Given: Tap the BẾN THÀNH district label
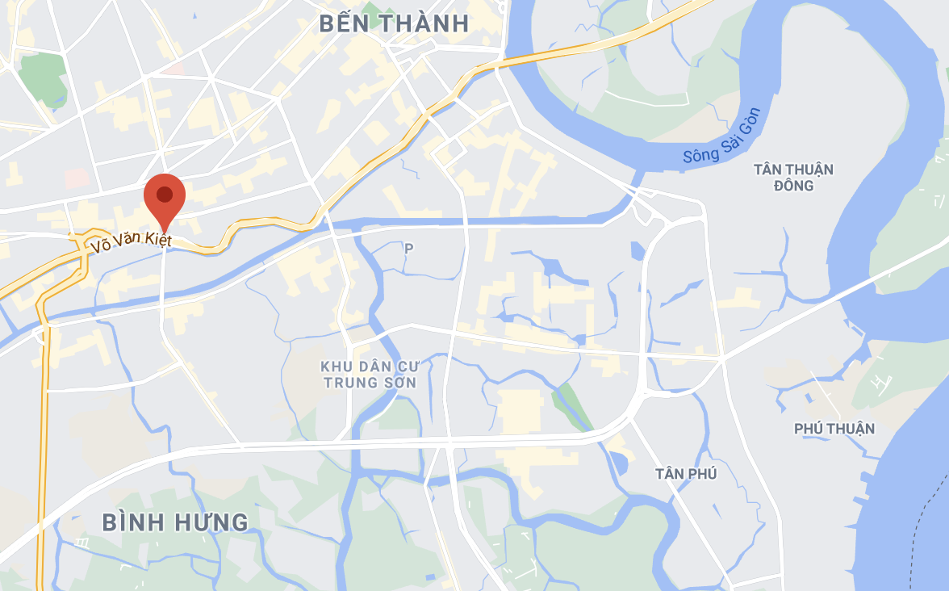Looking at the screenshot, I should [394, 23].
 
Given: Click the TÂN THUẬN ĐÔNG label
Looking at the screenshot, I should [793, 178].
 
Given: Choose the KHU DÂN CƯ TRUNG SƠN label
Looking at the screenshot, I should [370, 374].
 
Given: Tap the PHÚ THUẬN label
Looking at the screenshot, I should [834, 429].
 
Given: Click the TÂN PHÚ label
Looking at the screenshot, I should [686, 474].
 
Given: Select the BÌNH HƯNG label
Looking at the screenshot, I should [175, 522].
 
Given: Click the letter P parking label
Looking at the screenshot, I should [409, 249].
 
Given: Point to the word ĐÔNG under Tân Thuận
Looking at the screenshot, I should [793, 187].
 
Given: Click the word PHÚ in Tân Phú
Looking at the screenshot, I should [703, 474].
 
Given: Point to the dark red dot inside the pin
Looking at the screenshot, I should [165, 194].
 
